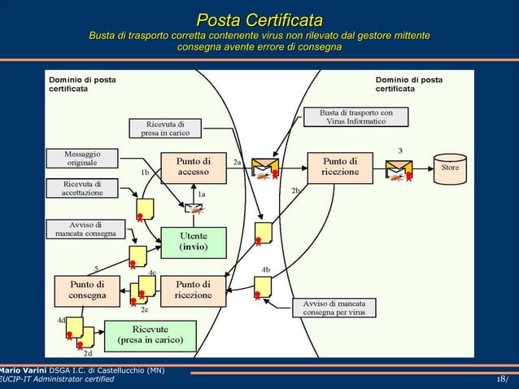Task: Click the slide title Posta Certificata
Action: [259, 20]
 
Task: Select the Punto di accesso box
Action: [194, 166]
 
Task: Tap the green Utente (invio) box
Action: [194, 240]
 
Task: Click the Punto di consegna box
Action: [87, 290]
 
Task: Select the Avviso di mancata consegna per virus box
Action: [334, 307]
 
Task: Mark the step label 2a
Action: [237, 162]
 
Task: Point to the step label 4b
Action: [266, 269]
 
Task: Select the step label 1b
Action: [145, 173]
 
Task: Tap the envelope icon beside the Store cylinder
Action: [400, 170]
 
